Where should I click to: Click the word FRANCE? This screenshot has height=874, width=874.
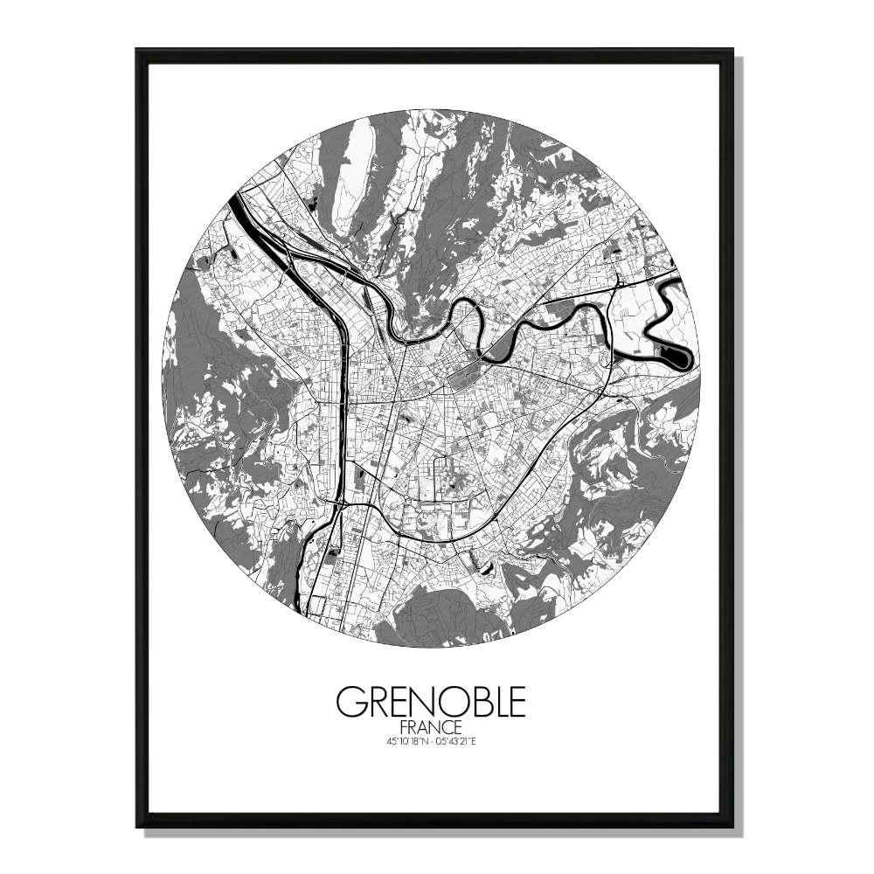431,727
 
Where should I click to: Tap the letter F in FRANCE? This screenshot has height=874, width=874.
403,727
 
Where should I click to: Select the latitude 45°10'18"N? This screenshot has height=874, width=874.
399,742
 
